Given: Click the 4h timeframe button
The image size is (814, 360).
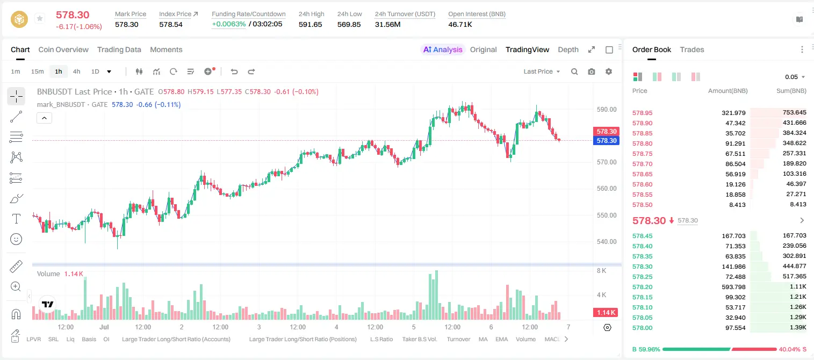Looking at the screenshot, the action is click(76, 71).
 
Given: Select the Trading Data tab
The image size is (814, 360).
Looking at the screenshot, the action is click(119, 49).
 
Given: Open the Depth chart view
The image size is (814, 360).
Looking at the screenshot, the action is click(568, 49).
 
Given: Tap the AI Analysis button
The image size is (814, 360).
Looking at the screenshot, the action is click(443, 49).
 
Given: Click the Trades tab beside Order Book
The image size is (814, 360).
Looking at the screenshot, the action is click(692, 49).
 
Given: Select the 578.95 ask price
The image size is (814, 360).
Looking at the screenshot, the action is click(642, 113).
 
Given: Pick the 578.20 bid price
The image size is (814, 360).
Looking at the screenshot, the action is click(642, 287).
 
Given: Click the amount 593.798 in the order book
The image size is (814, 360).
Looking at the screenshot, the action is click(733, 287).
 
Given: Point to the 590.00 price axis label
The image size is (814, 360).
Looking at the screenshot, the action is click(607, 110).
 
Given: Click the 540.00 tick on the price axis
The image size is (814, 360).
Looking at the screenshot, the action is click(607, 242).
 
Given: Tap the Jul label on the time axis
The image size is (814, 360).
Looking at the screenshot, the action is click(104, 327).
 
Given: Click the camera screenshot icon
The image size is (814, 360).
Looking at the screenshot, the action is click(592, 71).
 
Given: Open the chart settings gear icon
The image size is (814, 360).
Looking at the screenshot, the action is click(609, 71).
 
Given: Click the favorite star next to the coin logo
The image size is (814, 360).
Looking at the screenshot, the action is click(40, 18).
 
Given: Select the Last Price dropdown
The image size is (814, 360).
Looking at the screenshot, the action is click(542, 71).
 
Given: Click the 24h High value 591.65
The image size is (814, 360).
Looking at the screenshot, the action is click(311, 24).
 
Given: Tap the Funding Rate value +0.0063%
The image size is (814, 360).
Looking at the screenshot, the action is click(229, 24).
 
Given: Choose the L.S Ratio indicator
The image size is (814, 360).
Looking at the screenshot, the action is click(381, 339).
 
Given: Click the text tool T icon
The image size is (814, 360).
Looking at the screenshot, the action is click(16, 219).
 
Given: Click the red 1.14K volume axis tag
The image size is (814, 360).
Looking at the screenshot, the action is click(606, 312).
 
